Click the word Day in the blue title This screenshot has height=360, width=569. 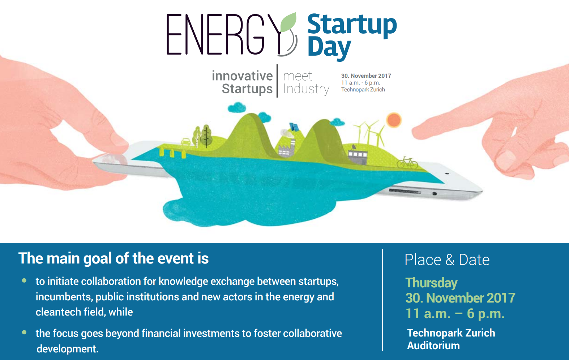pos(329,49)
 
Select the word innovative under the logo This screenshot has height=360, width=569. pos(242,76)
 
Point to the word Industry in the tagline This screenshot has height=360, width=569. pos(306,89)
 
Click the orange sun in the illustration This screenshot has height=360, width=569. pos(394,120)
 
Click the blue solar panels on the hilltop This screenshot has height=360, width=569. pos(294,127)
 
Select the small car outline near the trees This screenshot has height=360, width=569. pos(186,141)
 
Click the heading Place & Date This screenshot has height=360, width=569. pos(447,260)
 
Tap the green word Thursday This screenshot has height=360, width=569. pos(431,283)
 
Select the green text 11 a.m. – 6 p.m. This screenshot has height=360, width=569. pos(455,313)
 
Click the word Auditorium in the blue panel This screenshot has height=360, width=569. pos(433,346)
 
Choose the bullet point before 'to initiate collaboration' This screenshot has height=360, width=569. pos(24,280)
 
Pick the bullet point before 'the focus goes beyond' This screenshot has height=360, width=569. pos(24,332)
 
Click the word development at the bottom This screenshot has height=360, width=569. pos(67,349)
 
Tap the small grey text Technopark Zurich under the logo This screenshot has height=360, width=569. pos(363,89)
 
